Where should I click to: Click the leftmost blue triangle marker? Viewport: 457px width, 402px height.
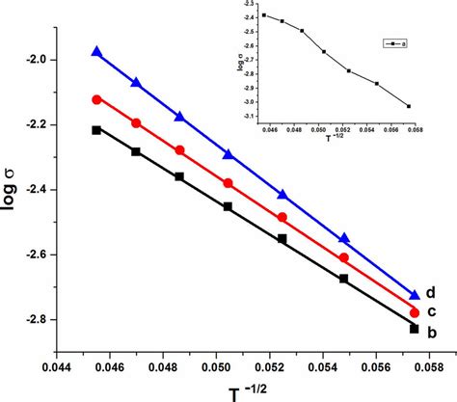pyautogui.click(x=96, y=52)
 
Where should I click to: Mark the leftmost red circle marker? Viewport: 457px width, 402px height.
pyautogui.click(x=96, y=99)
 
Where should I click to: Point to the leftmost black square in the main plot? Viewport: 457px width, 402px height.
pyautogui.click(x=96, y=129)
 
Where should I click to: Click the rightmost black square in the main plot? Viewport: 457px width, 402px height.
pyautogui.click(x=415, y=329)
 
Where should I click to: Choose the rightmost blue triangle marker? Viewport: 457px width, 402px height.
pyautogui.click(x=415, y=295)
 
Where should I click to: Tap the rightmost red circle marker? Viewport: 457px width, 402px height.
pyautogui.click(x=415, y=312)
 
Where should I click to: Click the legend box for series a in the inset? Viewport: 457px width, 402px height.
pyautogui.click(x=390, y=42)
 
